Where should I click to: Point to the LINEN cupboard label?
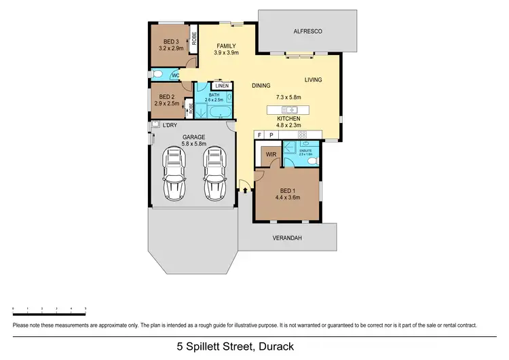point(222,86)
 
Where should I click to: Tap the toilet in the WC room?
point(158,75)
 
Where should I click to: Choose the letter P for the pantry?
point(271,135)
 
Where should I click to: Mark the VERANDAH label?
point(288,238)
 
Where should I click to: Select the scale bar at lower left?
point(49,309)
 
